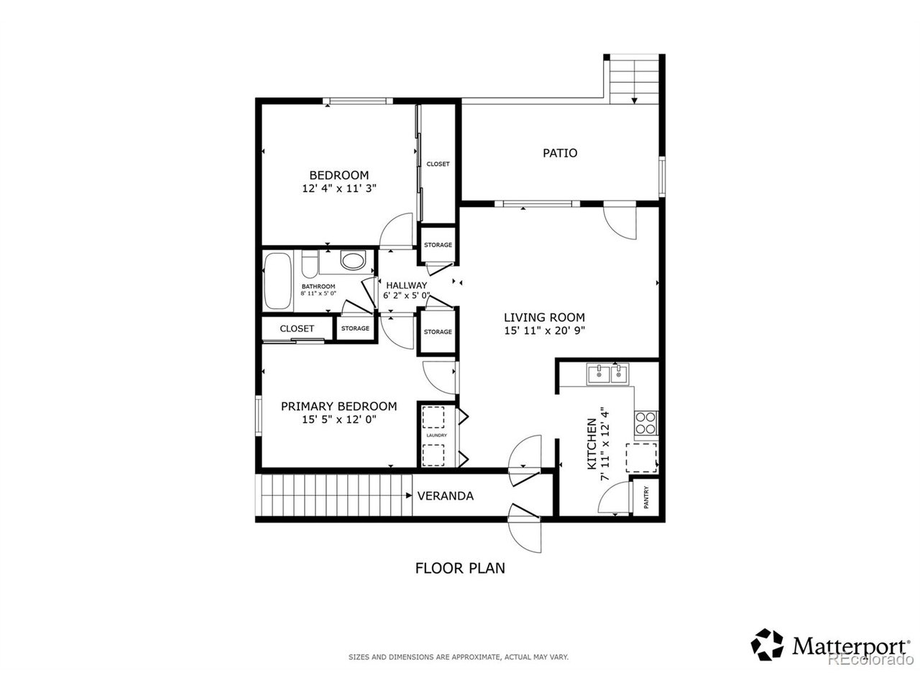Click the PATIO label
click(559, 153)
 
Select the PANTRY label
click(646, 497)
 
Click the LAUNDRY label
click(436, 436)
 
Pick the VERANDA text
click(445, 496)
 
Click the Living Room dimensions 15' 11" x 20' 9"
click(544, 331)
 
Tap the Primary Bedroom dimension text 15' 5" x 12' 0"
click(339, 419)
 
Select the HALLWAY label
click(406, 285)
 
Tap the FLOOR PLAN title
click(460, 568)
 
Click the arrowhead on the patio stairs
click(634, 101)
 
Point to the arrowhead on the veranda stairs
click(409, 496)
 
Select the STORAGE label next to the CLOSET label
click(354, 328)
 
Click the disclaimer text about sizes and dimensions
click(459, 657)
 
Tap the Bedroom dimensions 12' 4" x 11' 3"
click(339, 188)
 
